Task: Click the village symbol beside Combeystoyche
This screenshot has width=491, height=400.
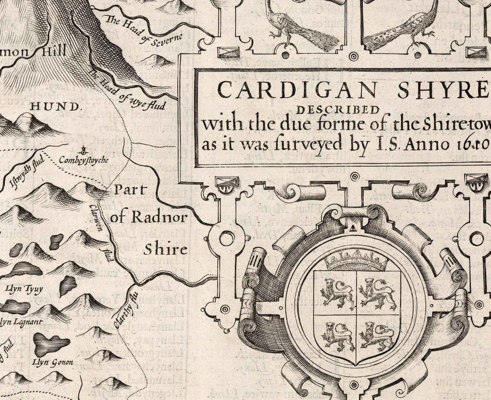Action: coord(83,149)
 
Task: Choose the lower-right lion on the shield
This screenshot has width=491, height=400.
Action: coord(377,333)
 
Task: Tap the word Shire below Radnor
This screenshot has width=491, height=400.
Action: coord(165,250)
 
